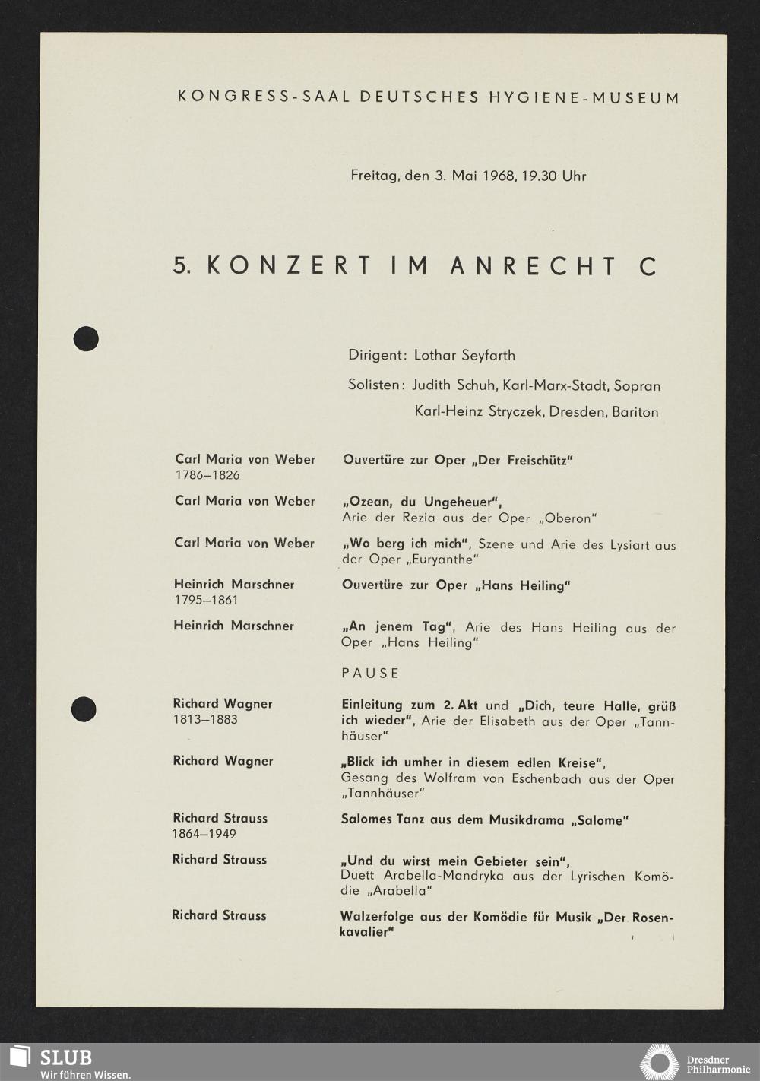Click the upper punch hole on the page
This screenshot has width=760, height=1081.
(86, 338)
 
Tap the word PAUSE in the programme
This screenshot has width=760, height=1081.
(370, 673)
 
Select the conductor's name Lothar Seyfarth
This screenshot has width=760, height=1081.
(464, 355)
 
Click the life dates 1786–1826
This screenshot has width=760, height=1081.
(207, 475)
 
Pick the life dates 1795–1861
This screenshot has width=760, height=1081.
(206, 600)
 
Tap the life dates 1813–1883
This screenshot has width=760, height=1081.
(205, 719)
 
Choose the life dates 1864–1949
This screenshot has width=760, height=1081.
(204, 834)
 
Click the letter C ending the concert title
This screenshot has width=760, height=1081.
(648, 266)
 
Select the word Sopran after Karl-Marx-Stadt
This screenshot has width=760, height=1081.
(637, 385)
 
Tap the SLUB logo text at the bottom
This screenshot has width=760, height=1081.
(65, 1057)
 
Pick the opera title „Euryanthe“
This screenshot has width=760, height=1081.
(441, 560)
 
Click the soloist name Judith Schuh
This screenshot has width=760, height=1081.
(454, 385)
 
